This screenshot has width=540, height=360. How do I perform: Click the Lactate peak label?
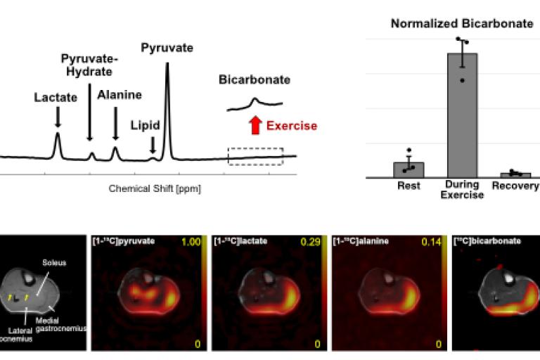coord(56,97)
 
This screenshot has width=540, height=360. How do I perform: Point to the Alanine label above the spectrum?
coord(119,94)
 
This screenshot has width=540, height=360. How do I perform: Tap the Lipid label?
coord(145,125)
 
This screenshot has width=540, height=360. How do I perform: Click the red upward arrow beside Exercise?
coord(255,126)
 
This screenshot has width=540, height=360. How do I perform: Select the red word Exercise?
coord(291,127)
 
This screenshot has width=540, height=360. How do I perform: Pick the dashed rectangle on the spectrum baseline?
coord(255,156)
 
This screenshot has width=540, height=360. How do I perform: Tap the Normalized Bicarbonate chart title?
coord(462,23)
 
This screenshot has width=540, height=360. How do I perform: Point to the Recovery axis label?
coord(515,186)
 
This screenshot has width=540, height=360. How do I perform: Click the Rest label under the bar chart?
coord(408,186)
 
